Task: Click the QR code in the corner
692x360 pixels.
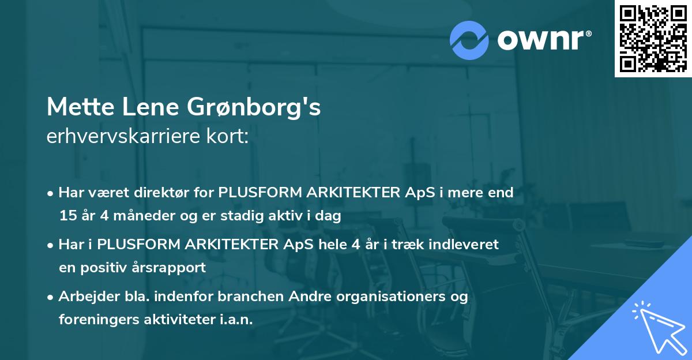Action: point(653,39)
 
